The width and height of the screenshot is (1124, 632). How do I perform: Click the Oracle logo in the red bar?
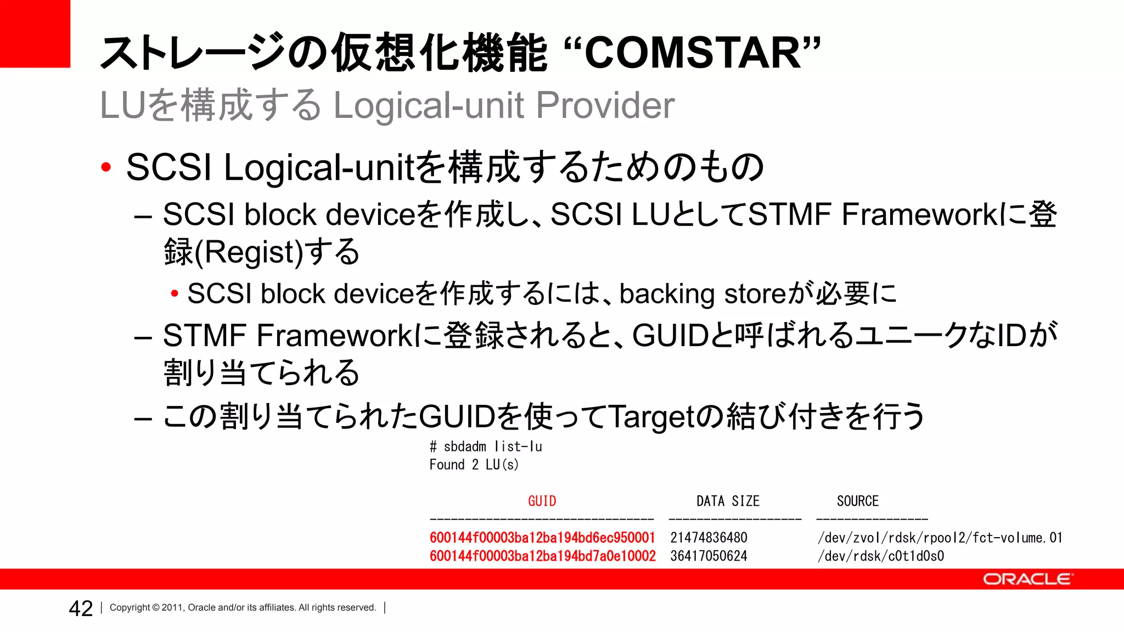[x=1026, y=579]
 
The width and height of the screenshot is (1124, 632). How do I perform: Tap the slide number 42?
[x=81, y=608]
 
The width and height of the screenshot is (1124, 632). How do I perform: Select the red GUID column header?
[x=542, y=501]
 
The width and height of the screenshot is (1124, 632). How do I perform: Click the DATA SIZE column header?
[x=728, y=501]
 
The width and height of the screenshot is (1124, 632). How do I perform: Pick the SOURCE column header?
[x=857, y=501]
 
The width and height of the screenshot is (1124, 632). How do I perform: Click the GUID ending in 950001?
[x=542, y=538]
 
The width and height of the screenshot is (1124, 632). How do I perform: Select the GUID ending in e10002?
[x=542, y=556]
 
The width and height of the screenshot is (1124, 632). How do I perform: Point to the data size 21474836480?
[x=709, y=538]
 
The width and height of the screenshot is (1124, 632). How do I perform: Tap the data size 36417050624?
[x=709, y=556]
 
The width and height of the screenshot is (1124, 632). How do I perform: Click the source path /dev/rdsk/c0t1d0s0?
[x=881, y=556]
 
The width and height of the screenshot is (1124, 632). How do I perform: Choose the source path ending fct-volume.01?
[x=940, y=538]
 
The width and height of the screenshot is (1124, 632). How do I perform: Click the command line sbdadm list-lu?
[x=486, y=447]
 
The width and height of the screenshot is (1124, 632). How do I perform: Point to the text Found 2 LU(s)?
[x=474, y=465]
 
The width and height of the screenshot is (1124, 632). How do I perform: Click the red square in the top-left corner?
[x=35, y=33]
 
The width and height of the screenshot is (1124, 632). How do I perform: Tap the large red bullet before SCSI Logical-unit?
[x=106, y=167]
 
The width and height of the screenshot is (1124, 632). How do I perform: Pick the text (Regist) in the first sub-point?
[x=249, y=252]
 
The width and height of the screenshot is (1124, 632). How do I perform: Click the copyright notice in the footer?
[x=243, y=607]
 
